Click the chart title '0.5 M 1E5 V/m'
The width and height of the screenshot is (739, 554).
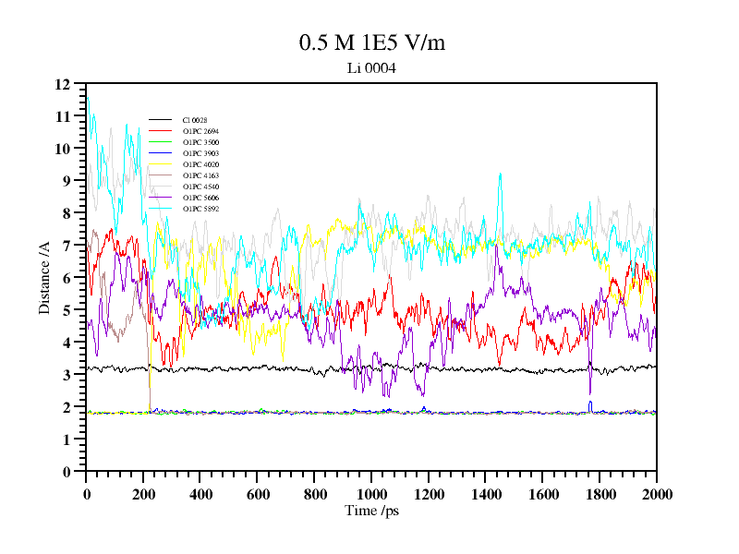371,42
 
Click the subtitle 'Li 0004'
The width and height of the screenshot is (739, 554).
371,67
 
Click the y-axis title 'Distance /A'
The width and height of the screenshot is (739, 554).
44,277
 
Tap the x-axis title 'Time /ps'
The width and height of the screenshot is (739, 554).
370,511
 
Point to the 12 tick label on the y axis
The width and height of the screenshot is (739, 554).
63,84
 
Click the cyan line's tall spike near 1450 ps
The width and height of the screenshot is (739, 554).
500,175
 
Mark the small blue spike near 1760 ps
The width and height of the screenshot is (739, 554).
590,403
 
